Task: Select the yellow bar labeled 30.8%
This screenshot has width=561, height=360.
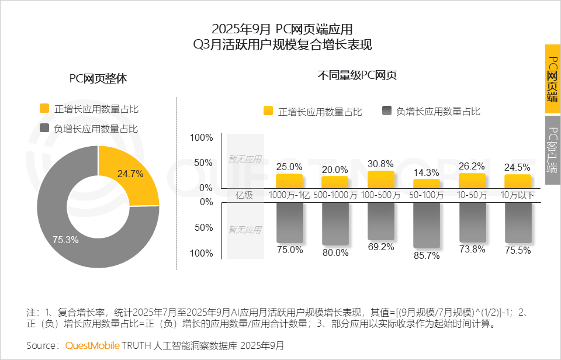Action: (380, 179)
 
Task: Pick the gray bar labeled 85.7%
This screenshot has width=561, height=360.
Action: (426, 225)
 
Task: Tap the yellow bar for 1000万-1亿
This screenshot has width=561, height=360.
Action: (289, 181)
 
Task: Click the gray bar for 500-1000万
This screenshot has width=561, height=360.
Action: (335, 224)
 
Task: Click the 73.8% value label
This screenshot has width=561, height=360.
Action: (472, 250)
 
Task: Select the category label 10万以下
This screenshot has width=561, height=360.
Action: (518, 195)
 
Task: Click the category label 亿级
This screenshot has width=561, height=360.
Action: (244, 195)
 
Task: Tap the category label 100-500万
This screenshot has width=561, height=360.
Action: (380, 195)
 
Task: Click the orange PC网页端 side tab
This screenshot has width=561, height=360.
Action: (552, 79)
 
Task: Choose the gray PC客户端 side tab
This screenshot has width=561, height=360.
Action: (552, 150)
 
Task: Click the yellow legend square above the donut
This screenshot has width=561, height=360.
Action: (44, 108)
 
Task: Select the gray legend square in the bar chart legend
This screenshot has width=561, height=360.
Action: (386, 111)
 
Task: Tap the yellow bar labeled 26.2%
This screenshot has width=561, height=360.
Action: (472, 180)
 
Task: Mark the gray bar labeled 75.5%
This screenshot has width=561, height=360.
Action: (518, 222)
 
